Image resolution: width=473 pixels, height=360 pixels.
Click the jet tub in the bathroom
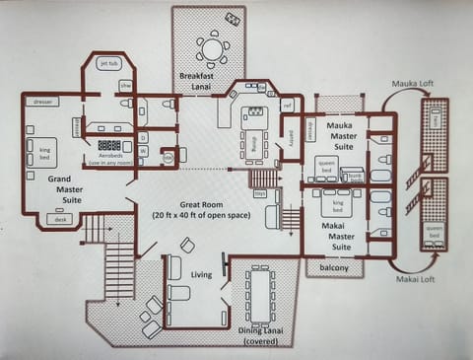(x=107, y=64)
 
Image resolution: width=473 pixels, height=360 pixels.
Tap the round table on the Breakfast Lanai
(x=212, y=48)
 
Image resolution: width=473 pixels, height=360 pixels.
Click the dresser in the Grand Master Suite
(x=40, y=101)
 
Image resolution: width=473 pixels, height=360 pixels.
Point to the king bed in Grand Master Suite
(x=43, y=151)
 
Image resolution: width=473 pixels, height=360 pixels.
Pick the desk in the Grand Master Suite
(x=62, y=220)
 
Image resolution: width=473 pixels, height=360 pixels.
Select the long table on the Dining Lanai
(x=261, y=295)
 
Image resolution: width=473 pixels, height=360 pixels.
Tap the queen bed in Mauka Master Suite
(x=326, y=167)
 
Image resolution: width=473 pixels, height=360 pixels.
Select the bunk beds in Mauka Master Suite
(x=351, y=176)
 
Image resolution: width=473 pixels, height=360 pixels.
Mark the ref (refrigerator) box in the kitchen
(x=287, y=104)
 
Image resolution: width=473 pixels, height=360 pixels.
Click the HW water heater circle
(x=168, y=156)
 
